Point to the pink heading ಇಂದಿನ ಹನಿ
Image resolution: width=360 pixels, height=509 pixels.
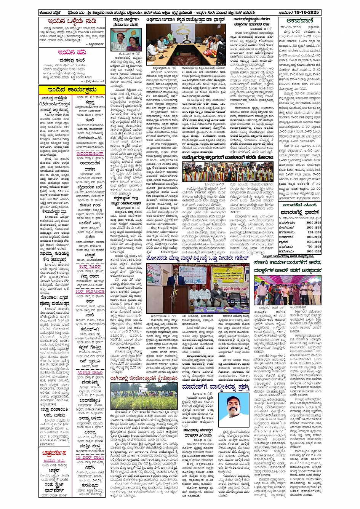click(72, 53)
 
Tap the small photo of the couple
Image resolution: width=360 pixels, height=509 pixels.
click(126, 40)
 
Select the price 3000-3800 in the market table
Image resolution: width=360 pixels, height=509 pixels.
click(314, 223)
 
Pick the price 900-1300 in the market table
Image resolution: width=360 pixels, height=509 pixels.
click(314, 232)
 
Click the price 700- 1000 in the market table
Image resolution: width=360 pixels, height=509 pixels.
click(314, 246)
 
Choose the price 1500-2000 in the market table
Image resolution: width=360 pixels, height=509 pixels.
click(314, 242)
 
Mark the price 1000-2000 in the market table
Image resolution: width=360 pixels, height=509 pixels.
click(314, 237)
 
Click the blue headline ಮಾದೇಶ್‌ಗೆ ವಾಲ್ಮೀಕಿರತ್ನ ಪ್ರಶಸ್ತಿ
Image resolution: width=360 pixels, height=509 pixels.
click(216, 387)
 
